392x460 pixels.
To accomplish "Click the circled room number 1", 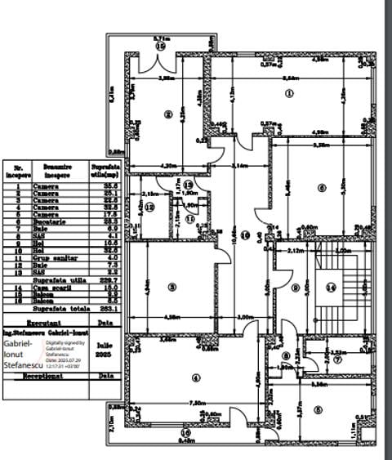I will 288,93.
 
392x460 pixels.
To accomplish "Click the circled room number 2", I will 167,114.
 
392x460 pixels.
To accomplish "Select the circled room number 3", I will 171,287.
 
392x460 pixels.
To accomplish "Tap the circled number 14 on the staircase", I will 331,287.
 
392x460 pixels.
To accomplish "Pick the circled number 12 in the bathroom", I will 151,208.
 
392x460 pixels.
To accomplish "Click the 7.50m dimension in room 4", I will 197,403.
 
